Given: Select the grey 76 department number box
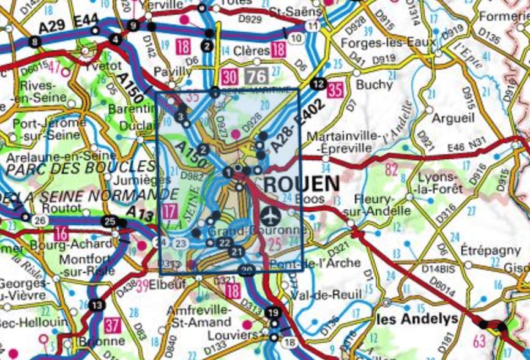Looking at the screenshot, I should click(x=256, y=77).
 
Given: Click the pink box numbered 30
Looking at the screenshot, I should click(x=230, y=77).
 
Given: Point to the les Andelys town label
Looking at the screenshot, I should click(x=416, y=319).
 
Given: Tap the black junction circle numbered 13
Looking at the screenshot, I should click(x=96, y=306).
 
